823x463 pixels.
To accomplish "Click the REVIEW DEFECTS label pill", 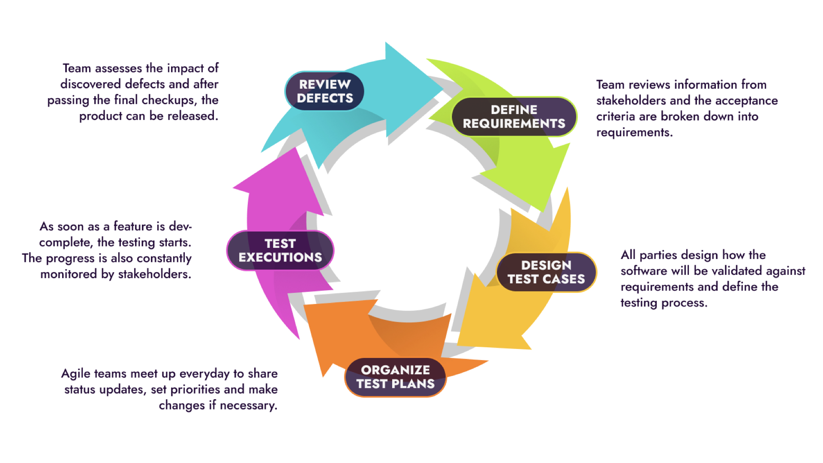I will coord(324,91).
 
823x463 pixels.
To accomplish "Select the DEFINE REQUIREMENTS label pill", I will coord(514,117).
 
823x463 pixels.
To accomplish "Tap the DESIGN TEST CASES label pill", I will coord(546,272).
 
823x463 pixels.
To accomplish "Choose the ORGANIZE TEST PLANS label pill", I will coord(395,377).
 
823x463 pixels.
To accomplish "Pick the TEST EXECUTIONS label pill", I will coord(280,250).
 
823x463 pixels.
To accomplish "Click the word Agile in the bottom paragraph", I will coord(75,374).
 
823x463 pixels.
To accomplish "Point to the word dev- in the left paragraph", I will coord(180,226).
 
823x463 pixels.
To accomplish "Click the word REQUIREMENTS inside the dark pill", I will coord(514,124).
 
